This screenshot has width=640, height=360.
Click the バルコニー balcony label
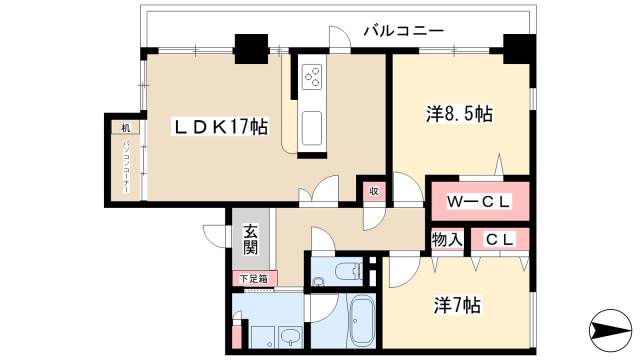pyautogui.click(x=402, y=30)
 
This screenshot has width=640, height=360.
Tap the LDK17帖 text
pyautogui.click(x=221, y=127)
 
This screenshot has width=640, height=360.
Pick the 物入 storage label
pyautogui.click(x=446, y=240)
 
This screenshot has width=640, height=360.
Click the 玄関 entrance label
pyautogui.click(x=250, y=240)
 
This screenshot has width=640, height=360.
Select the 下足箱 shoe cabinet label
pyautogui.click(x=250, y=278)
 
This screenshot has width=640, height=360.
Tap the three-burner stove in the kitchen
pyautogui.click(x=312, y=77)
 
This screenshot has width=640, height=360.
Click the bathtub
pyautogui.click(x=361, y=322)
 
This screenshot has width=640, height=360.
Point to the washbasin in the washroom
pyautogui.click(x=289, y=335)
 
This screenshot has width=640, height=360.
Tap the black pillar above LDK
pyautogui.click(x=250, y=47)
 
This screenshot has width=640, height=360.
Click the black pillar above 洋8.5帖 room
pyautogui.click(x=517, y=46)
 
